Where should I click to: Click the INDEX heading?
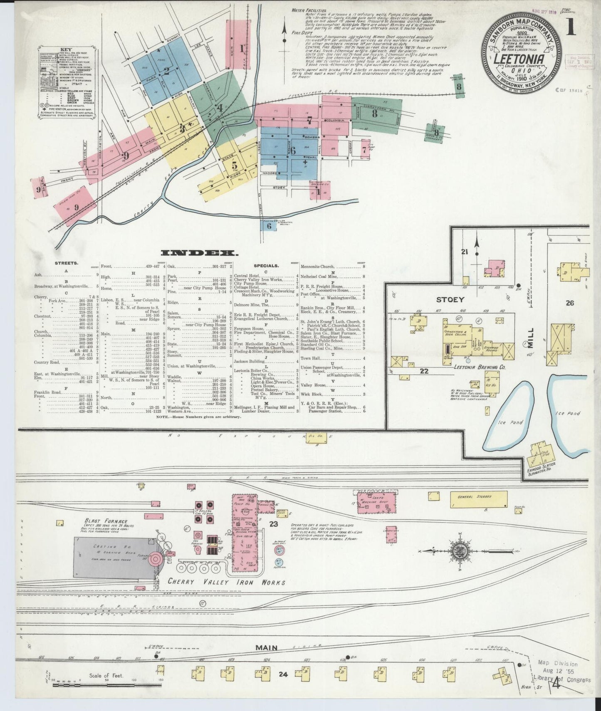[199, 252]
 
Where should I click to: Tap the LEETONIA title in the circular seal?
[519, 59]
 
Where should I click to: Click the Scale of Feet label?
[106, 676]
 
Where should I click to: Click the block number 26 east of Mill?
[569, 303]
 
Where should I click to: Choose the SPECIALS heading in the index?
[266, 265]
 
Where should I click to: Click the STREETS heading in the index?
[66, 263]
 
